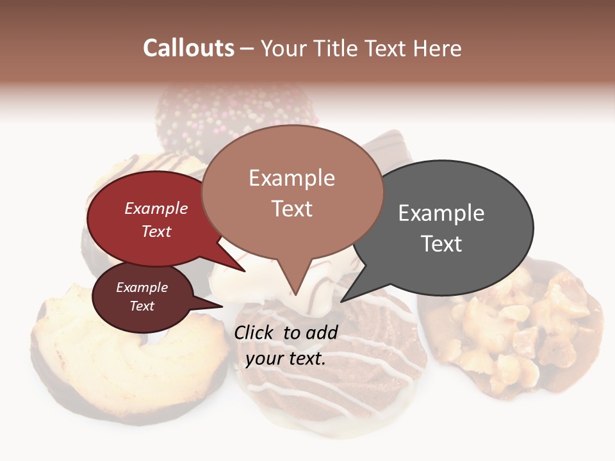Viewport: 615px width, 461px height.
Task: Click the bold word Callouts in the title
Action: pyautogui.click(x=188, y=48)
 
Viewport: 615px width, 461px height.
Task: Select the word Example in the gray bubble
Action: pyautogui.click(x=441, y=213)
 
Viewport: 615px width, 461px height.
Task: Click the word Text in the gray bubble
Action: pyautogui.click(x=441, y=244)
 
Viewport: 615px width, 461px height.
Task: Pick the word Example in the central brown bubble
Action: pyautogui.click(x=291, y=178)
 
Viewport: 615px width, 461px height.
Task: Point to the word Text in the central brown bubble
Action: pyautogui.click(x=291, y=209)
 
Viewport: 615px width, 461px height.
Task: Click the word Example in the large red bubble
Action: pyautogui.click(x=156, y=208)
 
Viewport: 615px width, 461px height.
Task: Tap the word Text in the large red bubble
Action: pyautogui.click(x=156, y=231)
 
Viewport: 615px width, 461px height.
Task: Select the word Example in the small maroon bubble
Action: pyautogui.click(x=142, y=287)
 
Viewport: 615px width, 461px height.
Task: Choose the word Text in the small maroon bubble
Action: pyautogui.click(x=142, y=306)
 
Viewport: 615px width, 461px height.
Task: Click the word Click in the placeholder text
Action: pyautogui.click(x=256, y=332)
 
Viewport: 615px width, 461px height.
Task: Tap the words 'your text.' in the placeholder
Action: pyautogui.click(x=286, y=359)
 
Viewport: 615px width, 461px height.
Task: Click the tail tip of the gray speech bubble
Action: pyautogui.click(x=342, y=301)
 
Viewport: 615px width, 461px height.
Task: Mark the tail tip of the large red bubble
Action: pyautogui.click(x=244, y=271)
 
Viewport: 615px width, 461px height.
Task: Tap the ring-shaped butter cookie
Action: pyautogui.click(x=128, y=352)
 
